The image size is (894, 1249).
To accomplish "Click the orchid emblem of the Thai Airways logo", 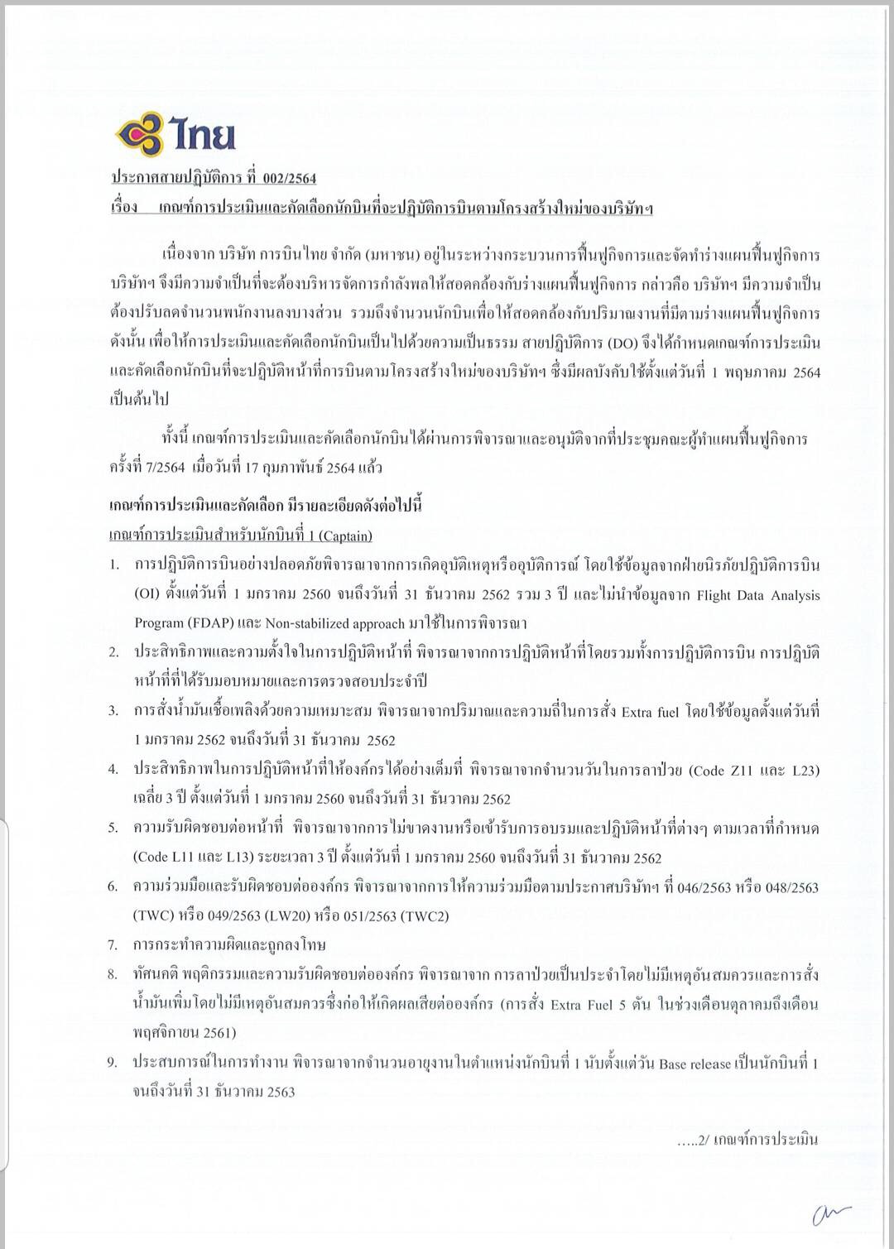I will (140, 135).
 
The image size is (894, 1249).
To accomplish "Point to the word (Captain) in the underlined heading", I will (345, 536).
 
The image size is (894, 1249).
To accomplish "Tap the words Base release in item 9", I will (694, 1064).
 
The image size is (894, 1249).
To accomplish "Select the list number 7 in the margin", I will (113, 944).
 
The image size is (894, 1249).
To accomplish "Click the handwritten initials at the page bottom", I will (832, 1213).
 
